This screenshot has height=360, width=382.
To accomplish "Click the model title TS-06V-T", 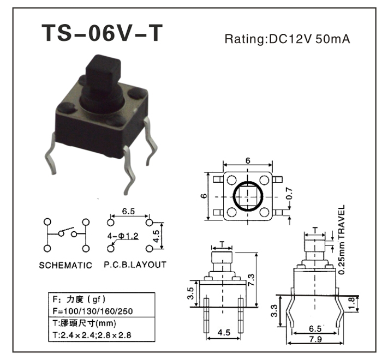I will coord(102,34).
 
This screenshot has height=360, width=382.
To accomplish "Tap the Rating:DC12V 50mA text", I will coord(287,39).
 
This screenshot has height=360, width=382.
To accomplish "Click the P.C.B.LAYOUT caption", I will coord(135,265).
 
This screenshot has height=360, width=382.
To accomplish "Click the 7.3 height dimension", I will coord(266,280).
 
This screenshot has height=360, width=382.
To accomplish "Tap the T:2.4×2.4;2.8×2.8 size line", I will coord(93,334).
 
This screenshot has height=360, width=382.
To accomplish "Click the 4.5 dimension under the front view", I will coord(223,332).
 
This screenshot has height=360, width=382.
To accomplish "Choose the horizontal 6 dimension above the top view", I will coord(248,161).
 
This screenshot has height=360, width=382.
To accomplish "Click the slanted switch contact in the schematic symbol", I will coord(67,230).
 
